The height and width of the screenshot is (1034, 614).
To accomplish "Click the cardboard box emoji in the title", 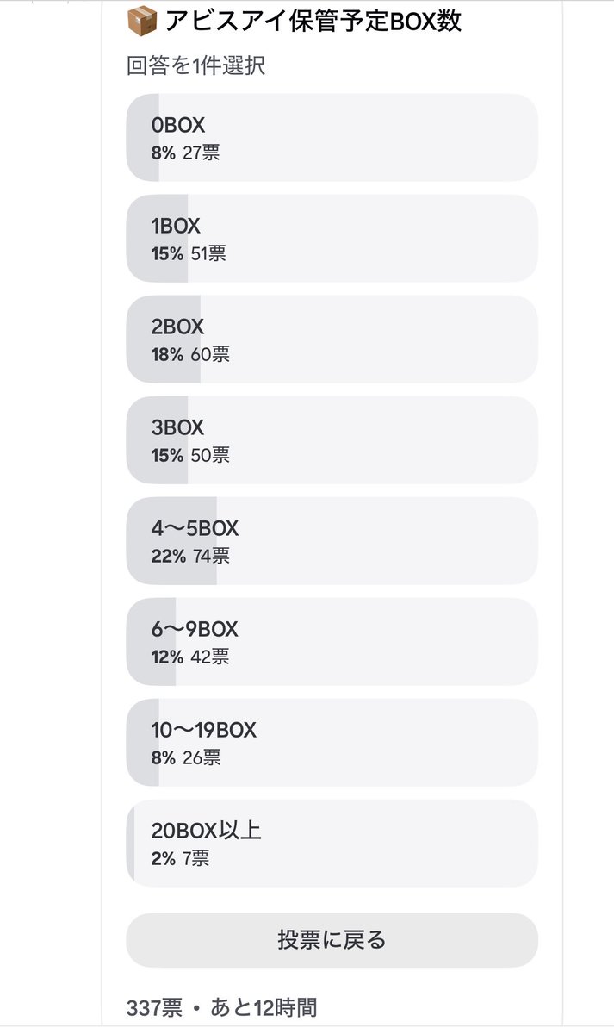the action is (142, 21).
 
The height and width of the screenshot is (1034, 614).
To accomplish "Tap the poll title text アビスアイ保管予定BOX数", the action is (313, 22).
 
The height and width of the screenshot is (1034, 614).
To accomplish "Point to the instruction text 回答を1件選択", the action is (196, 65).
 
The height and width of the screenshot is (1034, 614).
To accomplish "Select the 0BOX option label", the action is (178, 125).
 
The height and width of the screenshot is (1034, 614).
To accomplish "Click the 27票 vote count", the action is (202, 153).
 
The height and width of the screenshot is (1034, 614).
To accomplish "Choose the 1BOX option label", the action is (176, 226).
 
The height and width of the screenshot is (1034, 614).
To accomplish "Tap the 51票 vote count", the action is (208, 254).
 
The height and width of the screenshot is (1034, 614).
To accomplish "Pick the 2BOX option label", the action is (177, 327).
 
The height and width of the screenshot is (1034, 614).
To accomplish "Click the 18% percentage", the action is (167, 354).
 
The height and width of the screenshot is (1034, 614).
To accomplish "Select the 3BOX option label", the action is (177, 427).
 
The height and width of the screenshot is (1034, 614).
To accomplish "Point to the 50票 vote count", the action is (210, 455).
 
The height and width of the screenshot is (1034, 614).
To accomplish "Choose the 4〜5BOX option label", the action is (195, 528).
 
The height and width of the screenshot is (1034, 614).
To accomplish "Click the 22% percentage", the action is (169, 557).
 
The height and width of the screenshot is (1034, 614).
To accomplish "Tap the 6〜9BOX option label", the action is (195, 629).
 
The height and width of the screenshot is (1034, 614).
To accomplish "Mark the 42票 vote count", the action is (210, 657).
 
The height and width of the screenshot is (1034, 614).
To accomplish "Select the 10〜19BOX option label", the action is (204, 731).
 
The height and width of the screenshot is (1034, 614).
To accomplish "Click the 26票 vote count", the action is (202, 757).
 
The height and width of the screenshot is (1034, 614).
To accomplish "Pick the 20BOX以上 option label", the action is (206, 831).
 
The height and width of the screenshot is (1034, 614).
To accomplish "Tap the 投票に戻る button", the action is (332, 940).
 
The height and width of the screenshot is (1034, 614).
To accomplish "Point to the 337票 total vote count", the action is (154, 1007).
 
